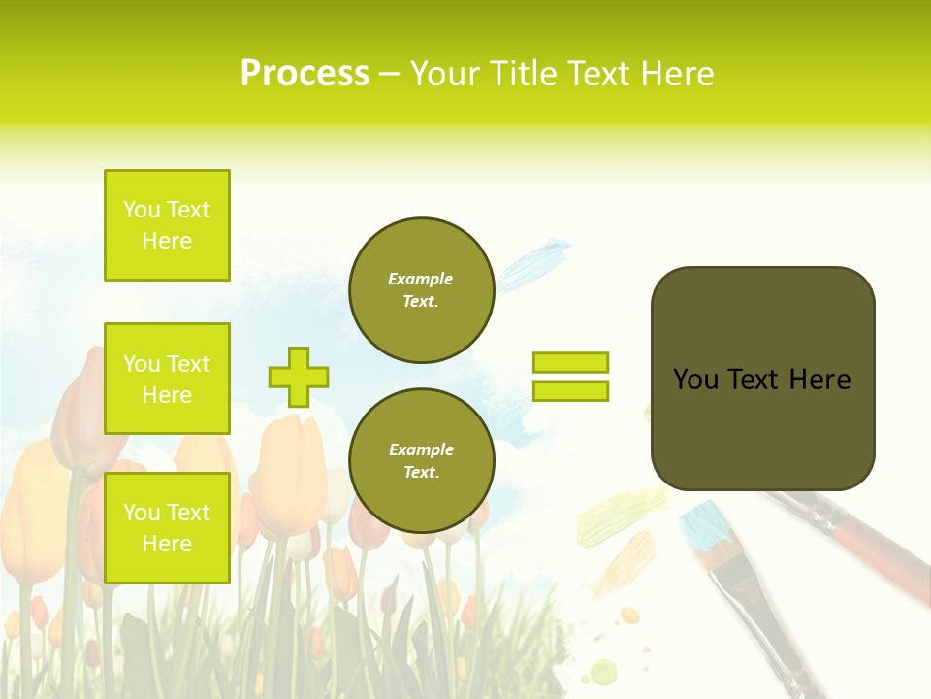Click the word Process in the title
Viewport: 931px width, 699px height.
pyautogui.click(x=305, y=74)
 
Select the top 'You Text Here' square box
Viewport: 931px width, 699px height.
pyautogui.click(x=167, y=225)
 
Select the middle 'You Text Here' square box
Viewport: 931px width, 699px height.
pyautogui.click(x=167, y=379)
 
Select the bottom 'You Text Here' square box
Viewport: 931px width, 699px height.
pyautogui.click(x=167, y=528)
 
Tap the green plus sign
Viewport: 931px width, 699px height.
pyautogui.click(x=299, y=377)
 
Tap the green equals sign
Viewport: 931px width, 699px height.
pyautogui.click(x=570, y=377)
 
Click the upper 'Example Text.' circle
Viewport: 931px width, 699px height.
pyautogui.click(x=421, y=290)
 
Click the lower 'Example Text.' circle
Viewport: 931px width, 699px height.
pyautogui.click(x=421, y=460)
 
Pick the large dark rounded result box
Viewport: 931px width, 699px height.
pyautogui.click(x=762, y=379)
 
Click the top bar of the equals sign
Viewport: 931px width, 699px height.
pyautogui.click(x=570, y=363)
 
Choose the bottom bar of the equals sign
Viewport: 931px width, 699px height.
pyautogui.click(x=570, y=390)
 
